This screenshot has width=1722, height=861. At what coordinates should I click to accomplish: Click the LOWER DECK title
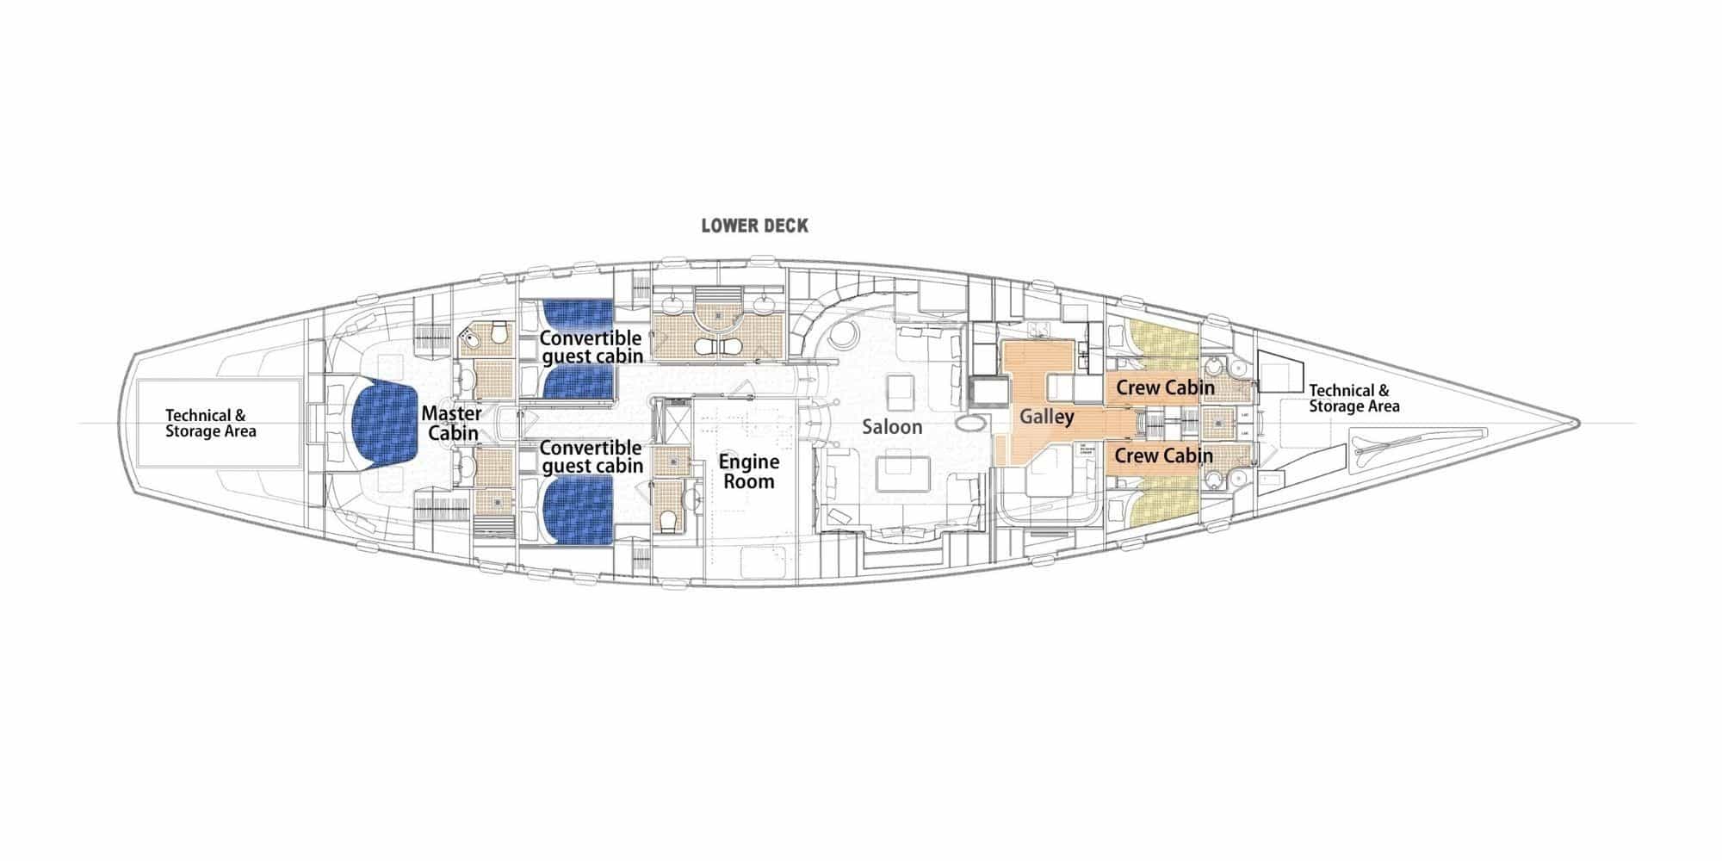pos(754,226)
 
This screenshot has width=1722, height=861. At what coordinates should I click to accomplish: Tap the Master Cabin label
pos(451,424)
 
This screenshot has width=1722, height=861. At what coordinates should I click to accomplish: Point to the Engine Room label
pos(749,471)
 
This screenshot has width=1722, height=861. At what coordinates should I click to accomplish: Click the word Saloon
pos(893,426)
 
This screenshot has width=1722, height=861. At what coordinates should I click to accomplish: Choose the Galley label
pos(1047,417)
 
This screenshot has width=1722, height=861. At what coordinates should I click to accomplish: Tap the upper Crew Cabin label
pos(1165,387)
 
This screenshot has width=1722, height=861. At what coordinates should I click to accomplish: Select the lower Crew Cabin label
pos(1164,455)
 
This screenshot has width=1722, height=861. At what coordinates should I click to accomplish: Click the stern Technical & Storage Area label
pos(210,423)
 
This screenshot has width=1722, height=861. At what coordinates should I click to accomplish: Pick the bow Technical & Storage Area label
pos(1353,398)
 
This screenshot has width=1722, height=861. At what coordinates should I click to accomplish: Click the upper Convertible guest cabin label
pos(592,347)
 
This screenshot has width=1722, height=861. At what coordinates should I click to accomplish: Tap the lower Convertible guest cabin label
pos(592,456)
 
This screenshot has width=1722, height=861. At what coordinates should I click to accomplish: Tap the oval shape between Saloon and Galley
pos(970,424)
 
